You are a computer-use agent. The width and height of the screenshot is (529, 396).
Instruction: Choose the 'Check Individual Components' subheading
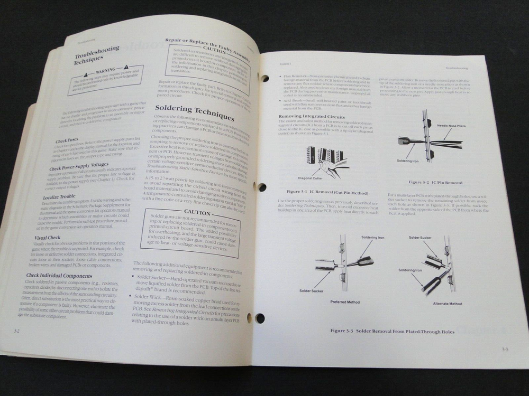coord(59,275)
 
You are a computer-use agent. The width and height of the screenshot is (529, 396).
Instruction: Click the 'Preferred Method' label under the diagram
coord(345,303)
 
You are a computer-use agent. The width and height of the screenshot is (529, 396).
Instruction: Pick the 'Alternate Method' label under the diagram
coord(448,304)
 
